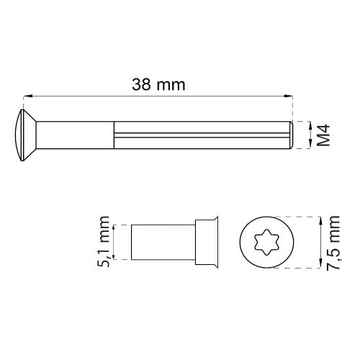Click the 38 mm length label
(158, 84)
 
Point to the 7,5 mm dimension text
(333, 243)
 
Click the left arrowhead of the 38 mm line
(27, 95)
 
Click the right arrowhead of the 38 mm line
(291, 95)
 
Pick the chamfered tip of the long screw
(290, 135)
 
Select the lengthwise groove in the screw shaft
(202, 135)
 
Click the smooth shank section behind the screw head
(76, 135)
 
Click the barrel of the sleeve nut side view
(162, 242)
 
